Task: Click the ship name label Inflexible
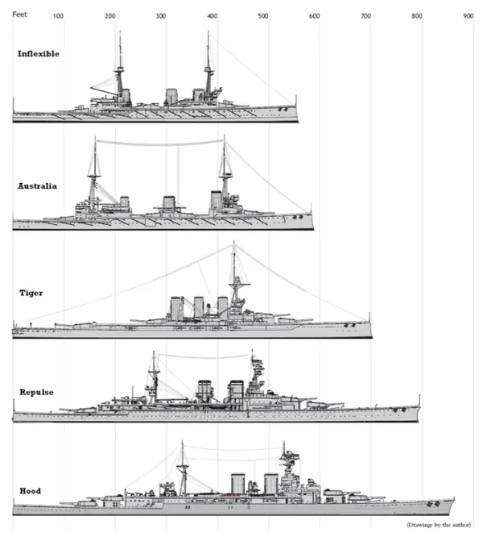(x=39, y=54)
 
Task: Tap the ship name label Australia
(x=37, y=186)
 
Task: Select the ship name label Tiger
(x=31, y=293)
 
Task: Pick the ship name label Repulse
(x=36, y=392)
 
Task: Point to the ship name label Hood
(x=31, y=491)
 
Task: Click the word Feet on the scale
(x=19, y=15)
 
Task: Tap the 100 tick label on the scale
(x=58, y=16)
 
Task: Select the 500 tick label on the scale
(x=263, y=16)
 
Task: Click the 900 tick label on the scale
(x=468, y=16)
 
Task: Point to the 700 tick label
(x=365, y=16)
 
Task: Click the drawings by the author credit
(x=439, y=525)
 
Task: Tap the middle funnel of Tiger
(x=199, y=308)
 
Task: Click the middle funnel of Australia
(x=169, y=203)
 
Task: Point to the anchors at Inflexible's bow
(x=283, y=110)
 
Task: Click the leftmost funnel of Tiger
(x=175, y=308)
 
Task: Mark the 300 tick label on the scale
(x=160, y=16)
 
